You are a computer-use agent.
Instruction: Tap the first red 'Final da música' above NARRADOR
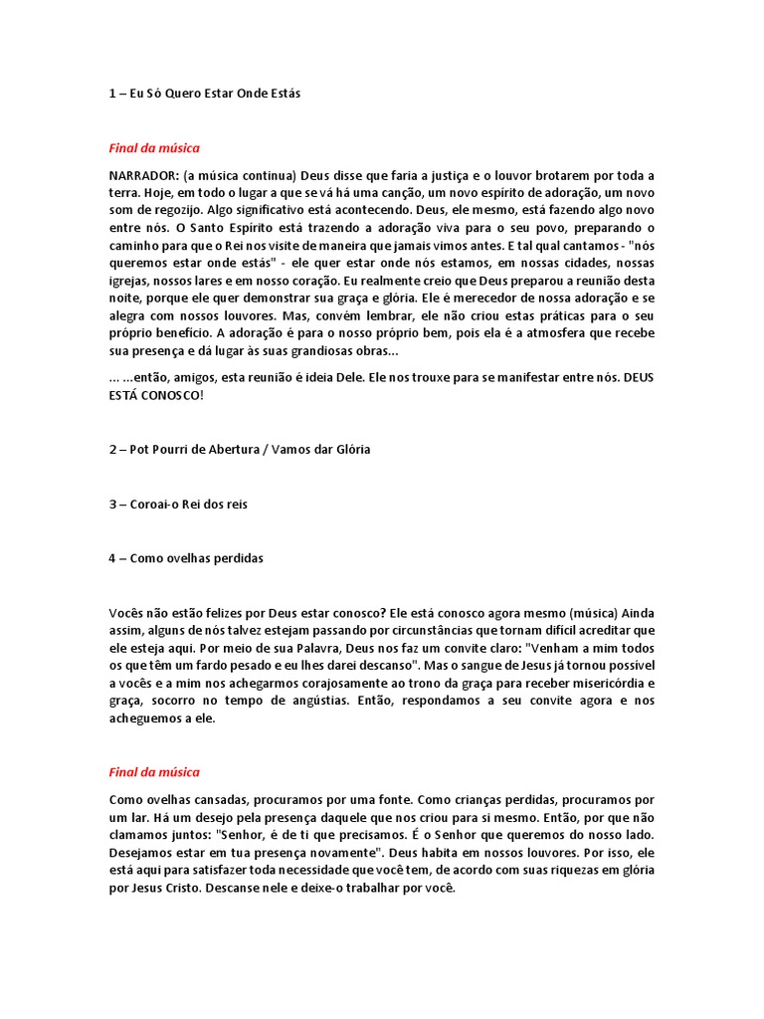[154, 148]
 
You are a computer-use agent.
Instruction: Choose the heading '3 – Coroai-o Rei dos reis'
[178, 505]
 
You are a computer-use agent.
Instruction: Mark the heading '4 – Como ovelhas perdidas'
[186, 559]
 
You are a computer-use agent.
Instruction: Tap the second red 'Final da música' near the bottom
[154, 772]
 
